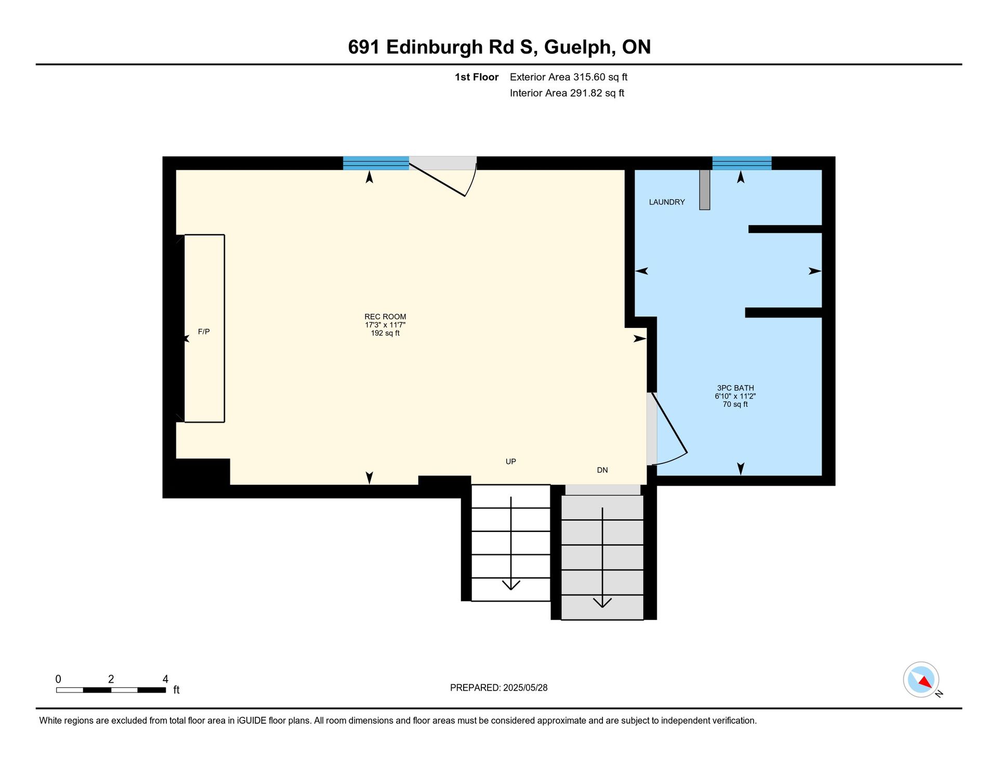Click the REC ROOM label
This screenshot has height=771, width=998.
click(x=385, y=316)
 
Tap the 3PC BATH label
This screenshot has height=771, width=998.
click(x=736, y=388)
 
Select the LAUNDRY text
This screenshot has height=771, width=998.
click(x=667, y=202)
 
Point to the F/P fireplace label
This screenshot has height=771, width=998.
click(x=204, y=331)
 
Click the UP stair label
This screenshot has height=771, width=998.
click(x=511, y=461)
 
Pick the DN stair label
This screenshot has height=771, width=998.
click(x=602, y=470)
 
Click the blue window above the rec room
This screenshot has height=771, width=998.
click(x=376, y=163)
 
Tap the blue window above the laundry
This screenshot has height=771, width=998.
click(x=742, y=163)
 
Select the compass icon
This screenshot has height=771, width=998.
click(x=921, y=680)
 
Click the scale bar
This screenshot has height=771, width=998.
click(x=111, y=690)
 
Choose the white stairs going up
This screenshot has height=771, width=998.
click(x=511, y=543)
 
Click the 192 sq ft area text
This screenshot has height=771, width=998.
click(x=385, y=333)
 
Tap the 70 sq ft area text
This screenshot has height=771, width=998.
click(x=736, y=404)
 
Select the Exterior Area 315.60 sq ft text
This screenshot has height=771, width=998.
click(x=569, y=77)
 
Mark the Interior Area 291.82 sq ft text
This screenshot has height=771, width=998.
click(x=567, y=93)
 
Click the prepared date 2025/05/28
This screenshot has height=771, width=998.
click(x=526, y=688)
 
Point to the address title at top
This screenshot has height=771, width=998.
click(x=500, y=47)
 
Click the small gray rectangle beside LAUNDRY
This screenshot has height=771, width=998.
click(x=705, y=190)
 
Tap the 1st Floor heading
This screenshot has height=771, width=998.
click(x=477, y=77)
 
